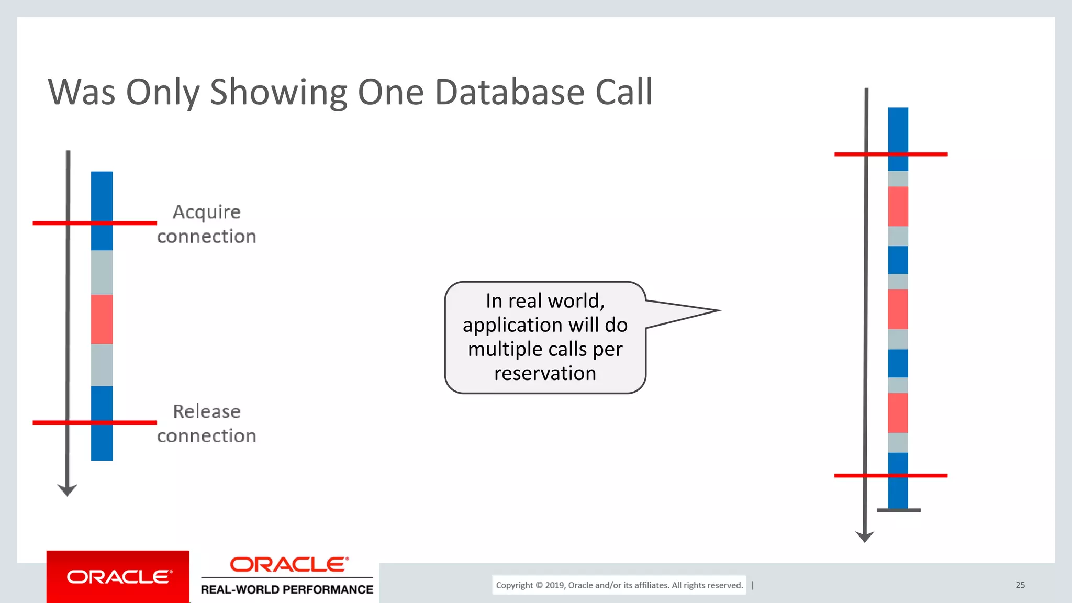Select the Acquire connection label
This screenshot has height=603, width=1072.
point(207,224)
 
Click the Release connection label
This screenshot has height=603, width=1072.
point(207,423)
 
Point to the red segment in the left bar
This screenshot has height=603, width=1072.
point(102,319)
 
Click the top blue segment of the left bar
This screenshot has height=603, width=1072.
point(102,209)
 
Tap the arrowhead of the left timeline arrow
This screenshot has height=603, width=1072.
point(67,490)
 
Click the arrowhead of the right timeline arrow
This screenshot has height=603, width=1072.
point(864,537)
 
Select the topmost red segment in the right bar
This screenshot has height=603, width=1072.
point(898,206)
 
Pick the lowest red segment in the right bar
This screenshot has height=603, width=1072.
point(898,412)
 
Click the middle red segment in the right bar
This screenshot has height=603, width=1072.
point(898,309)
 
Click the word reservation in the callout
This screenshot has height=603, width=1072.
point(545,373)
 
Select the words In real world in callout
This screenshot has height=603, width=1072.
point(545,301)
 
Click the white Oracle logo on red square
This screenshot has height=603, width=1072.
point(118,577)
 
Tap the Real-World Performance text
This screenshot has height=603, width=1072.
point(287,589)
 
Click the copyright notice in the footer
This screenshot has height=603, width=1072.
point(619,585)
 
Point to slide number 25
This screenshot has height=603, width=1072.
point(1020,585)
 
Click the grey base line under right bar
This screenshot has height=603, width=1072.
point(899,510)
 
